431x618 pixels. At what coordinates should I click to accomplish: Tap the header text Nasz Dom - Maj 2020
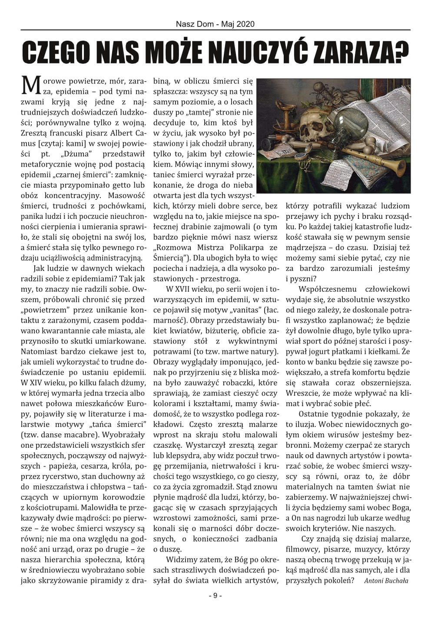(x=215, y=24)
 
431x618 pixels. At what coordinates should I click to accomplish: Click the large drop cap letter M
(x=29, y=85)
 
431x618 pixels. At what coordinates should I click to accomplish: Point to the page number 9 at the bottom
(x=215, y=595)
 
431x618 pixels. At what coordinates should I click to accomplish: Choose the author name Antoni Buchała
(x=386, y=580)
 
